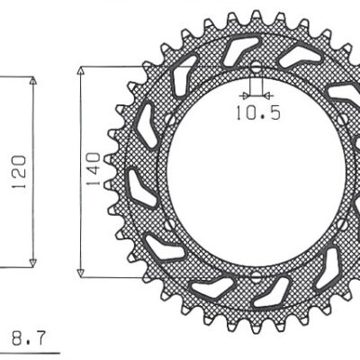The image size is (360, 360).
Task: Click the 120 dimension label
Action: tap(19, 172)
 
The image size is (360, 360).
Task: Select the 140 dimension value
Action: tap(94, 169)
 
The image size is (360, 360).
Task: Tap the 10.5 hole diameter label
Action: tap(258, 113)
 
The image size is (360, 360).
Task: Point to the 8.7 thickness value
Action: tap(30, 338)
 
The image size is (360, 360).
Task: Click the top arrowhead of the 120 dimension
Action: tap(33, 80)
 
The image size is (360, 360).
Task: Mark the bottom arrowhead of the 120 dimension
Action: tap(33, 263)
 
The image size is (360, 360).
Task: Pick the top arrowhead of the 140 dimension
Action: tap(80, 70)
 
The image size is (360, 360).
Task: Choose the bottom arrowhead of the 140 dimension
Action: tap(80, 273)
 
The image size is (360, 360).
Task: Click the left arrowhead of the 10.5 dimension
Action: tap(246, 96)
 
